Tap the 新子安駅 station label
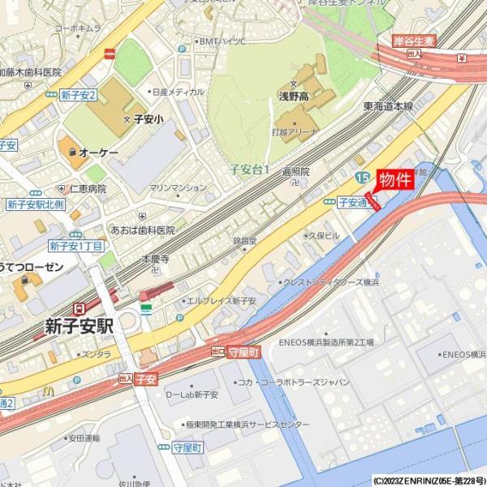(x=79, y=326)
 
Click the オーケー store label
(x=98, y=153)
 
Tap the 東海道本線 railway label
(x=388, y=106)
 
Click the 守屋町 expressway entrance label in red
(x=243, y=352)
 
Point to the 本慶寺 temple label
(x=155, y=260)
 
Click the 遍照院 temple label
(x=295, y=172)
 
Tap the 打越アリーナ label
(x=295, y=131)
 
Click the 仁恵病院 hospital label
(x=88, y=188)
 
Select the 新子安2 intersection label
(x=78, y=95)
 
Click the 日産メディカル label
(x=178, y=93)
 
